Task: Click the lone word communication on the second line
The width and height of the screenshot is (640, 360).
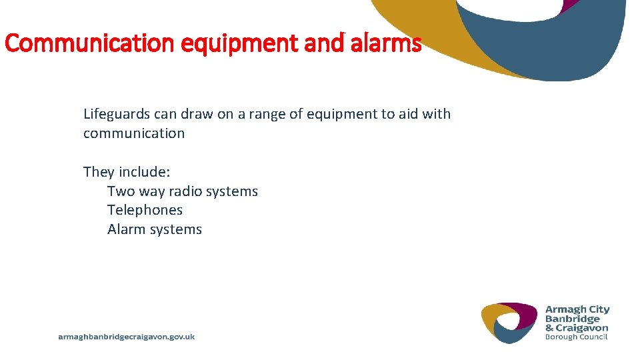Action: [134, 133]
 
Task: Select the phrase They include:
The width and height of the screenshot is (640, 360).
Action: [127, 172]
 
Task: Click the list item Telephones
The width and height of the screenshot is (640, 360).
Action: [145, 210]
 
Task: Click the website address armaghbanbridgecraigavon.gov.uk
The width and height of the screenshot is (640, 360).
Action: [127, 337]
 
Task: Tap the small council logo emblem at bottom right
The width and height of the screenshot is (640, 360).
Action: [509, 322]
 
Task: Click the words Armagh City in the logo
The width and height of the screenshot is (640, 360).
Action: [577, 309]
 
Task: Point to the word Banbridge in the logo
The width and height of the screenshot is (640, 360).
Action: [573, 319]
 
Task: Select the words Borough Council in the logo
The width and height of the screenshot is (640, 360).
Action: [577, 337]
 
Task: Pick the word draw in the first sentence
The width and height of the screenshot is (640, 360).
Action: [199, 114]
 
